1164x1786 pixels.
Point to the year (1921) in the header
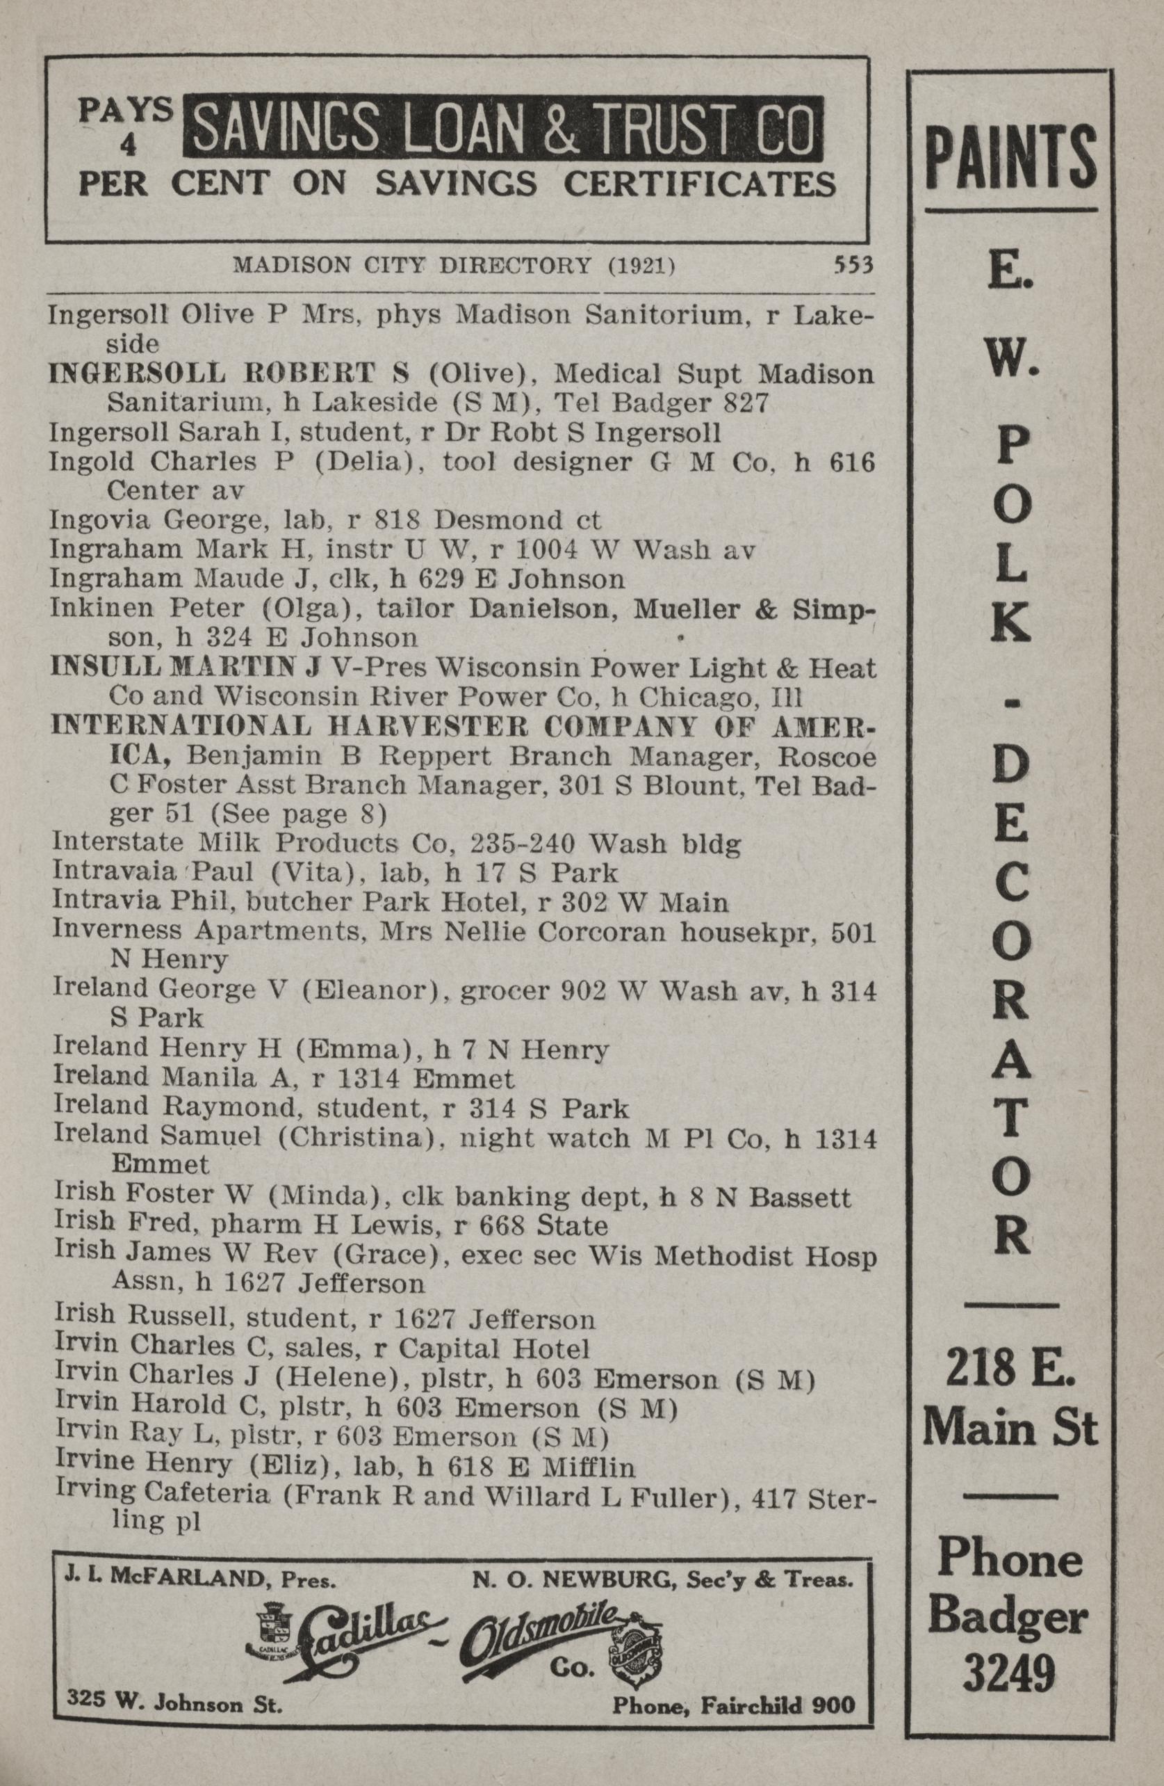[641, 264]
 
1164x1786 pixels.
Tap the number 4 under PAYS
[129, 147]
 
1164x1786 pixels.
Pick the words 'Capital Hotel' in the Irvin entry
[493, 1349]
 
